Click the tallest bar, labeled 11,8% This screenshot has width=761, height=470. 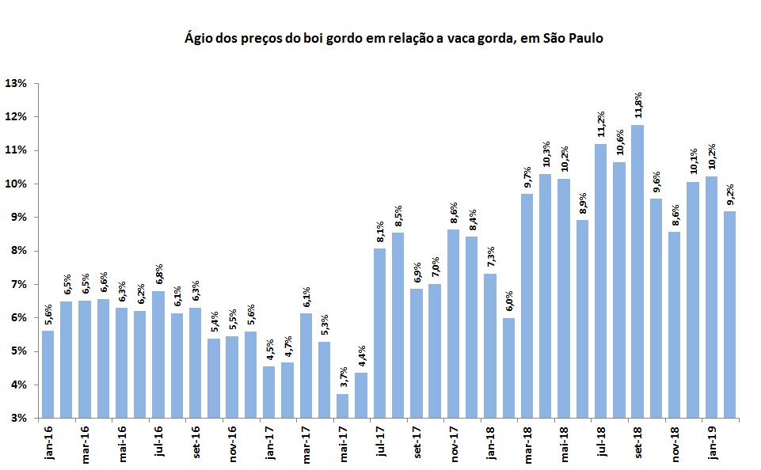[637, 271]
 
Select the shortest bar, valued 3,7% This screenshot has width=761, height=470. [342, 405]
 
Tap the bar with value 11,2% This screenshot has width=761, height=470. [600, 280]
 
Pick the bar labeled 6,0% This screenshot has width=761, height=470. [508, 367]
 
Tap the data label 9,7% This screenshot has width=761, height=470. [527, 180]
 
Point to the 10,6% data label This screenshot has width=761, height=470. [619, 148]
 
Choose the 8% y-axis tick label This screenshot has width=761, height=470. [18, 251]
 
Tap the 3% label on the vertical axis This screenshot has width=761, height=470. [18, 418]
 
